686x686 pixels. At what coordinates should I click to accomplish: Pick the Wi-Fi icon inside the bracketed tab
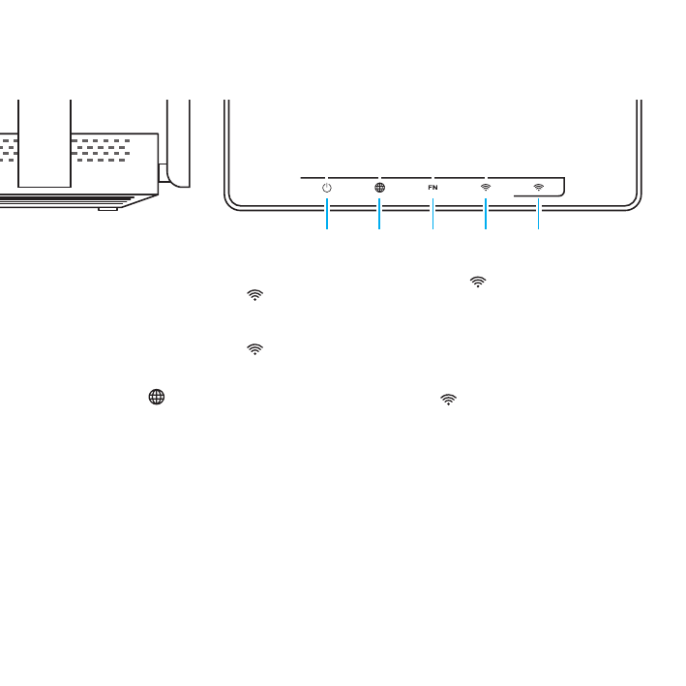pos(538,186)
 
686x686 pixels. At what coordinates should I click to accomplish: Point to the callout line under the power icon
pos(327,214)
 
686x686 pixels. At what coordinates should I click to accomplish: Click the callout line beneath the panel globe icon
pos(379,214)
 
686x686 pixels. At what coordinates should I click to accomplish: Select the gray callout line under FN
pos(432,214)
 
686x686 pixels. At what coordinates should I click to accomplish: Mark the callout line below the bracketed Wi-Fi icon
pos(538,214)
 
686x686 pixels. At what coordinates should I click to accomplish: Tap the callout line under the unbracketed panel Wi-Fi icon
pos(486,214)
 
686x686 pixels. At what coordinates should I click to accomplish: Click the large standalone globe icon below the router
pos(155,397)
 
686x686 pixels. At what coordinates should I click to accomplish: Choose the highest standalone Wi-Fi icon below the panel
pos(476,282)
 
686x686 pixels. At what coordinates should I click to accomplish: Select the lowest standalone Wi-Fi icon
pos(447,398)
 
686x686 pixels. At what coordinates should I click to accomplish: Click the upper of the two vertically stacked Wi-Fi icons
pos(254,295)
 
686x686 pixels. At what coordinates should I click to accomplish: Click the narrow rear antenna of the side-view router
pos(178,135)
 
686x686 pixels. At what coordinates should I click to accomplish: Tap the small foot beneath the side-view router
pos(107,207)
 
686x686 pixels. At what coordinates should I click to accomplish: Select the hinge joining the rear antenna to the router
pos(164,174)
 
